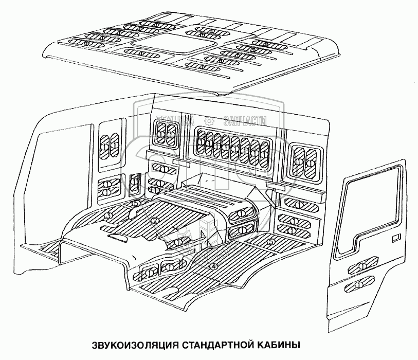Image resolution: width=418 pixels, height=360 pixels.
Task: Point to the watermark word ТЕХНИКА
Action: click(173, 120)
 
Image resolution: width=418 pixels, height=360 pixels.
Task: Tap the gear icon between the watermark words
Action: click(209, 120)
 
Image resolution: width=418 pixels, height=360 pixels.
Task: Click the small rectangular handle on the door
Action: click(396, 238)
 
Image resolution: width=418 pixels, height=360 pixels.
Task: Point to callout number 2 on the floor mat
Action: click(154, 220)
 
